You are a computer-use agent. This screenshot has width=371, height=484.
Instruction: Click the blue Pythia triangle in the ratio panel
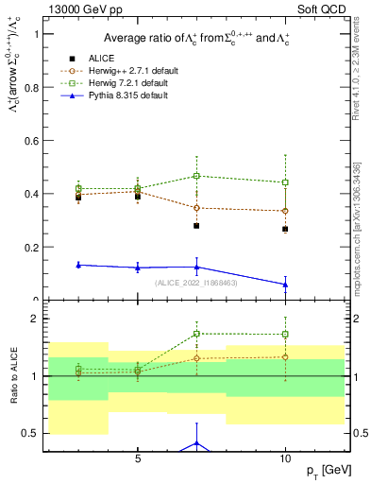(x=196, y=442)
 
